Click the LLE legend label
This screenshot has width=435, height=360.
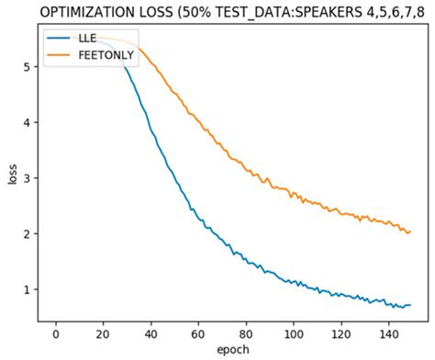(x=87, y=39)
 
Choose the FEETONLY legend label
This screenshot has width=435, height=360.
(x=106, y=55)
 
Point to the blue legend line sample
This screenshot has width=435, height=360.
(x=58, y=39)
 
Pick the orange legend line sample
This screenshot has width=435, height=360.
(x=58, y=55)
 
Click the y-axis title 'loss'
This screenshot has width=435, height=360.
(x=12, y=174)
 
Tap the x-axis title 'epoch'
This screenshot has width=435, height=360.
(x=233, y=350)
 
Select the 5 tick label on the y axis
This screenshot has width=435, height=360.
(x=27, y=67)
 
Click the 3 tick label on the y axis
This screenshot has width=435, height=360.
(x=27, y=178)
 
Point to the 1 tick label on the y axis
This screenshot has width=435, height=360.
(x=27, y=289)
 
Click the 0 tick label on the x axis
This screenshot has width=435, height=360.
(x=56, y=334)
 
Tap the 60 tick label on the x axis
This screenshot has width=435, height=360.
(x=198, y=334)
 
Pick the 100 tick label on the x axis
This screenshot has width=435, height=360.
(x=294, y=334)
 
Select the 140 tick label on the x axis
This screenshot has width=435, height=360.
(x=388, y=334)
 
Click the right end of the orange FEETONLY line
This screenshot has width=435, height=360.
(x=410, y=231)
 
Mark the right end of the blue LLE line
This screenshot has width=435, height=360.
(x=410, y=305)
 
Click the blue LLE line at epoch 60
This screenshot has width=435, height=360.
(x=198, y=219)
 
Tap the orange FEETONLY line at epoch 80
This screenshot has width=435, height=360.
(x=246, y=168)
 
